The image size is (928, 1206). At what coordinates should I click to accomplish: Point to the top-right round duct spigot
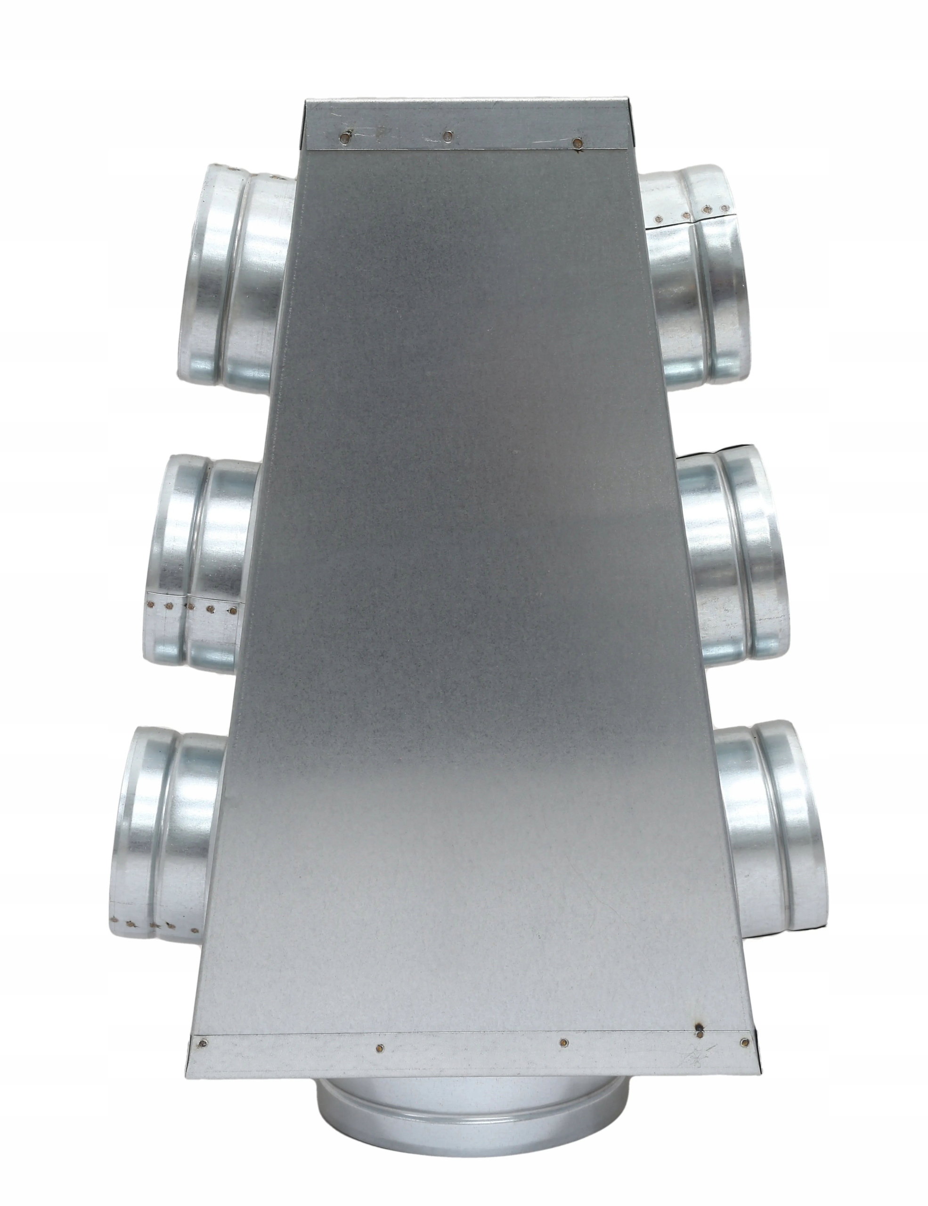tap(698, 276)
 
